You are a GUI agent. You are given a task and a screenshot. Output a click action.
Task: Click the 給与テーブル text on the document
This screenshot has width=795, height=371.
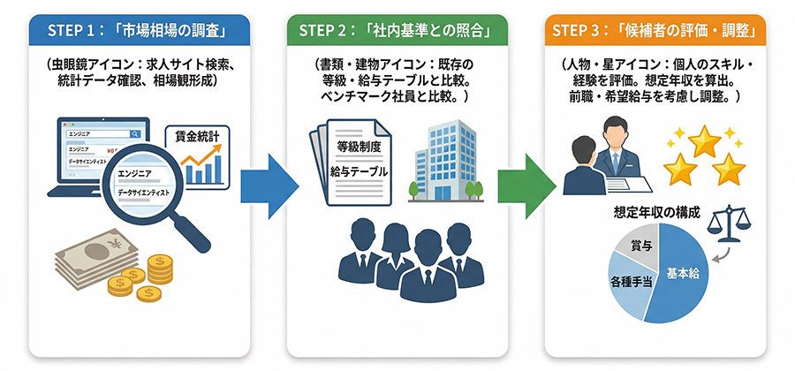[x=357, y=170]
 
